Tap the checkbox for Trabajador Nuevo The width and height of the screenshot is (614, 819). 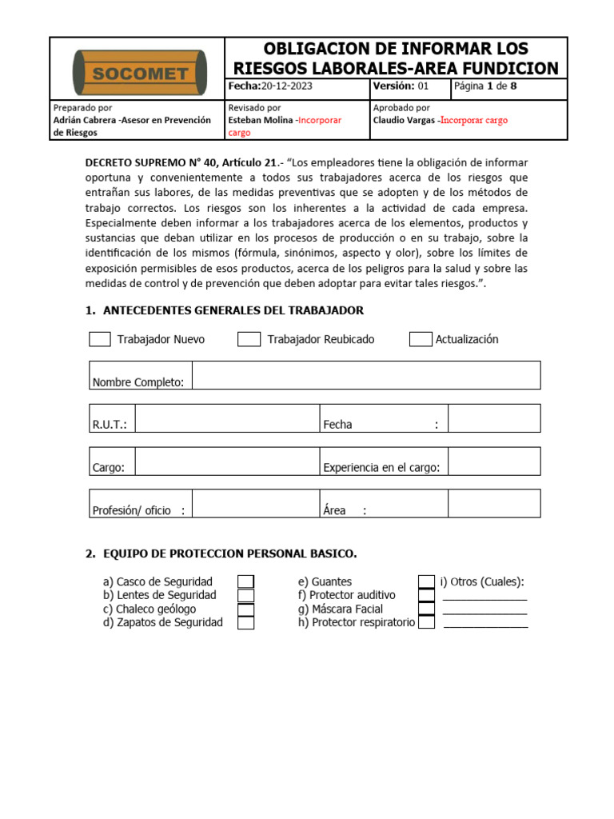click(100, 339)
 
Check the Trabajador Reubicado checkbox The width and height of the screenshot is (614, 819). click(249, 339)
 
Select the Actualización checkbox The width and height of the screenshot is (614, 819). click(421, 339)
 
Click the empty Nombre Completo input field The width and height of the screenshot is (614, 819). click(366, 375)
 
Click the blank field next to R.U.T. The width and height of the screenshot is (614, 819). click(227, 418)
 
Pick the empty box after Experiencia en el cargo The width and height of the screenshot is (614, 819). click(494, 461)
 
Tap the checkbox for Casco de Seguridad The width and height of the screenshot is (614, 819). click(246, 581)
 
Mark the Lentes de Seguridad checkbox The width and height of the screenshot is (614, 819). click(246, 595)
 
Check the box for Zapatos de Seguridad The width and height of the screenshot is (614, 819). click(246, 622)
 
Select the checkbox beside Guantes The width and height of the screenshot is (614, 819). click(427, 581)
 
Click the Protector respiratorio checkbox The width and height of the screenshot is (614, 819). click(427, 622)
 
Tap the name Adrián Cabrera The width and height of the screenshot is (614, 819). click(83, 120)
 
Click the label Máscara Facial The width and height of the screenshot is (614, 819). click(345, 609)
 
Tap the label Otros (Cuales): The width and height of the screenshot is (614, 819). click(482, 581)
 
